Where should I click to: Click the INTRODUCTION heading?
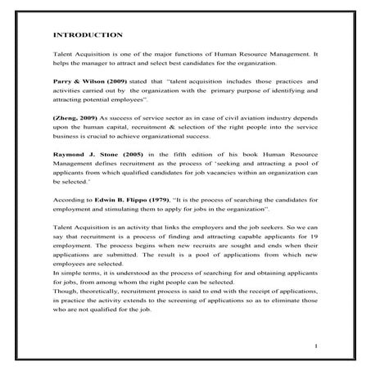(x=88, y=35)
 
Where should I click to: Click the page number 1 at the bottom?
(x=315, y=348)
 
